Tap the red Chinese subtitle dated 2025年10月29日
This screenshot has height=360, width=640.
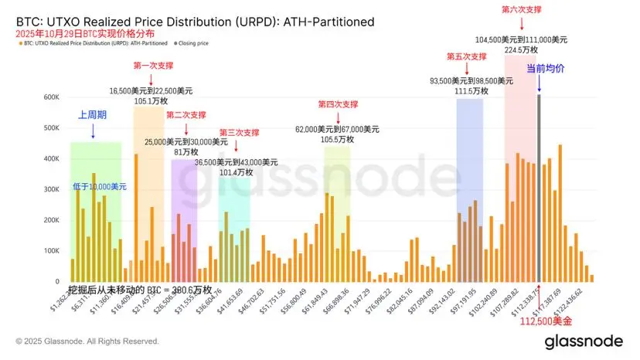(x=83, y=34)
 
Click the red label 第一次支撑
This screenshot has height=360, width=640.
(x=151, y=65)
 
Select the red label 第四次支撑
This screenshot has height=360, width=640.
(x=338, y=104)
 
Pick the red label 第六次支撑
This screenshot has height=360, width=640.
(x=522, y=9)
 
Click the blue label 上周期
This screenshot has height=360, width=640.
(x=93, y=114)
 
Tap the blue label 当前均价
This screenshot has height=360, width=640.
(x=546, y=69)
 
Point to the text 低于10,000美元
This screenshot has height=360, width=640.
(x=98, y=187)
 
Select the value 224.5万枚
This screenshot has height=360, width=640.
(x=520, y=49)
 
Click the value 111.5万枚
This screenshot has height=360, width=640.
(x=469, y=90)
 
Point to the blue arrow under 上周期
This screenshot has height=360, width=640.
(x=93, y=131)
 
